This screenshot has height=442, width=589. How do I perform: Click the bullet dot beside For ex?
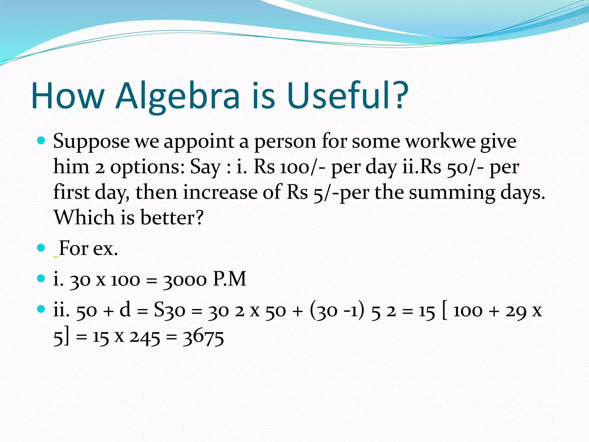point(41,247)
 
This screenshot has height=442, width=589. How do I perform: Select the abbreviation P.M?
point(230,279)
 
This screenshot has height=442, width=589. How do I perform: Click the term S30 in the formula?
point(169,310)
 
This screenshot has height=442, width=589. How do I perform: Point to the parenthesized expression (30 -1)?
point(337,310)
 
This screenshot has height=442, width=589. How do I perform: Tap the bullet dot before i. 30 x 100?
point(41,278)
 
